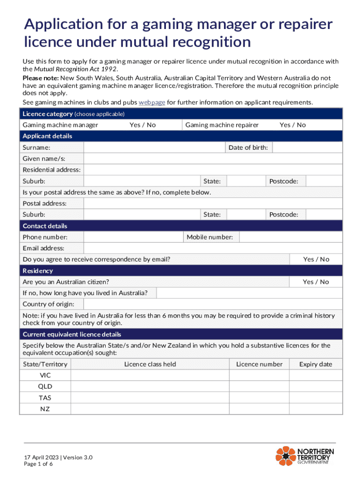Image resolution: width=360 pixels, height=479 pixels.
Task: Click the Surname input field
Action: [x=154, y=147]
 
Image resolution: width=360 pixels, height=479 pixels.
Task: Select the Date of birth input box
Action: [x=307, y=147]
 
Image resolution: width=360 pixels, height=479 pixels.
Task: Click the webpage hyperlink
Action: [x=152, y=102]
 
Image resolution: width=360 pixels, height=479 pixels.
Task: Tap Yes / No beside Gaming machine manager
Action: [x=143, y=125]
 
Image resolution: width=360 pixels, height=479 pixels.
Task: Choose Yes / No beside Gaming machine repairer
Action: [x=293, y=125]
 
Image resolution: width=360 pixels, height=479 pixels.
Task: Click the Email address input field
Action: [x=213, y=248]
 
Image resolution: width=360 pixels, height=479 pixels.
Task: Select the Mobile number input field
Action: [x=290, y=237]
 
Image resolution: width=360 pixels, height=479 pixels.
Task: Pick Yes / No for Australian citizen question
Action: [x=316, y=282]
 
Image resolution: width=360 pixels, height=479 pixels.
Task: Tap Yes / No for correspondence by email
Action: [x=316, y=259]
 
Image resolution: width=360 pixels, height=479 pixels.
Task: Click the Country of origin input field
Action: [x=213, y=304]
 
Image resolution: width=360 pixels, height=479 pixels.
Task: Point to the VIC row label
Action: [x=45, y=376]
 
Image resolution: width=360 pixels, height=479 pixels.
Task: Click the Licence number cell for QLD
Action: [x=259, y=386]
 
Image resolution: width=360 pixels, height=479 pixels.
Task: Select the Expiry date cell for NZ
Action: [x=316, y=409]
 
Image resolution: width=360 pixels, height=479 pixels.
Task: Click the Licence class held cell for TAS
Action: [x=150, y=398]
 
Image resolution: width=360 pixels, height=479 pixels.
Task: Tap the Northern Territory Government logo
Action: [x=305, y=456]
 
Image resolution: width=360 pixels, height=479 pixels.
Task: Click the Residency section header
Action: [x=38, y=271]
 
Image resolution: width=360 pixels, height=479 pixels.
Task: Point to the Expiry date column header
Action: [x=316, y=364]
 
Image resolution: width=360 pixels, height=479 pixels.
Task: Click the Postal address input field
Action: [x=213, y=203]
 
